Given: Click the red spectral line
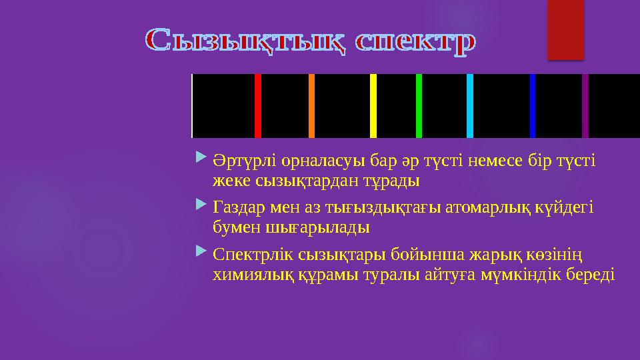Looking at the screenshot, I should coord(258,105).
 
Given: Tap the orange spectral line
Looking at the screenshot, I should coord(311,105).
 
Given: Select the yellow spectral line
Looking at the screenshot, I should coord(373,105).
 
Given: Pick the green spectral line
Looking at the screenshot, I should coord(419,105).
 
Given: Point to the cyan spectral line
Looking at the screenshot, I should coord(470,105).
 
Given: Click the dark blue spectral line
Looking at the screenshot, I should coord(533,105).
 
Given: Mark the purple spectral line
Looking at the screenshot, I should coord(585,105).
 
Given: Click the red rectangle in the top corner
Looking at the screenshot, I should coord(565,29).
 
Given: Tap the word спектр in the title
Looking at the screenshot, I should coord(415,41).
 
